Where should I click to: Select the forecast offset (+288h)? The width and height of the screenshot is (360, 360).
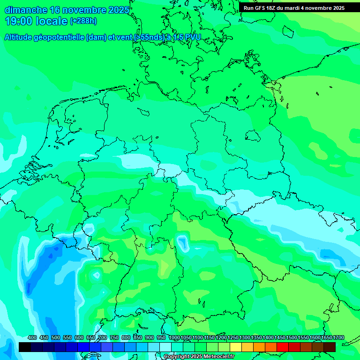83,21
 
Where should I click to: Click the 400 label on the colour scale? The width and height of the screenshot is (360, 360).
32,338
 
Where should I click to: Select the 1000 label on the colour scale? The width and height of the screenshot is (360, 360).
174,338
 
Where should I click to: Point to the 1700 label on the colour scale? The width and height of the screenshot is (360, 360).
338,338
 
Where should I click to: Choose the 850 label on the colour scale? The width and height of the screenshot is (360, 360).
138,338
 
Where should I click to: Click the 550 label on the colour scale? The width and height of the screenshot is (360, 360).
67,338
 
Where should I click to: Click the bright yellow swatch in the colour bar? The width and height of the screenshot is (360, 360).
236,347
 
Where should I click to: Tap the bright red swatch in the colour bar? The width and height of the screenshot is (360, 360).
283,347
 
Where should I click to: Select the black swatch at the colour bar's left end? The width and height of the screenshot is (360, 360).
25,347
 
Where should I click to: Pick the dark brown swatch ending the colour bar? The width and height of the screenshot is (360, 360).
330,347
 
